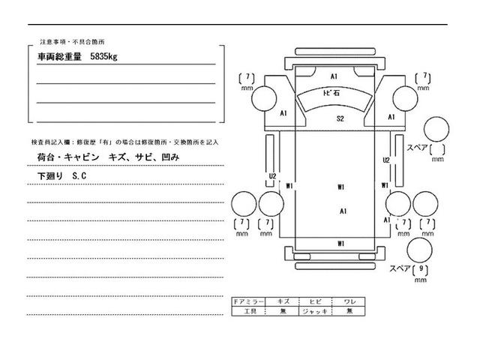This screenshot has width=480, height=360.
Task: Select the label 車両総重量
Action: tap(61, 56)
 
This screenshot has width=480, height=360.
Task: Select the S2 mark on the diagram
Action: tap(340, 119)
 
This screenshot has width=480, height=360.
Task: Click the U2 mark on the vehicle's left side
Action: tap(273, 176)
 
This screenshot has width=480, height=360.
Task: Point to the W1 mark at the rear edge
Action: tap(340, 244)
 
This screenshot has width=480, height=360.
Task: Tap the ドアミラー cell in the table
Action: tap(250, 300)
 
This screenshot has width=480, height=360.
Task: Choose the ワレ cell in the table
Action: tap(349, 300)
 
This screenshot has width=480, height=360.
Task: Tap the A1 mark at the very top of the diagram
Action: tap(334, 76)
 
